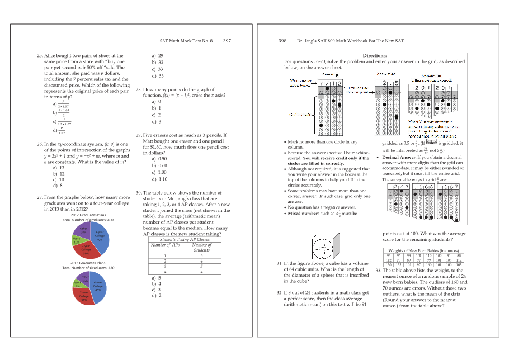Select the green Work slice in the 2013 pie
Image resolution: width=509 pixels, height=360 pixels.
click(x=78, y=283)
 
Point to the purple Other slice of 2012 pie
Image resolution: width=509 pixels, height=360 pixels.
click(x=83, y=230)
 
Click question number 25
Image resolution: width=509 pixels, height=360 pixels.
click(x=39, y=56)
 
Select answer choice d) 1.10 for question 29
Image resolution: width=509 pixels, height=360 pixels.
click(x=159, y=179)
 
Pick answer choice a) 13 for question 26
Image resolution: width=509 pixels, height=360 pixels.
click(x=58, y=168)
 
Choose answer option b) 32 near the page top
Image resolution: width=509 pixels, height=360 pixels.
click(x=157, y=63)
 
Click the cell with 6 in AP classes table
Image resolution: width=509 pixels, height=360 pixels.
click(x=201, y=255)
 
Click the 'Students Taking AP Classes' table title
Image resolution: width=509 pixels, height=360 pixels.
click(x=185, y=239)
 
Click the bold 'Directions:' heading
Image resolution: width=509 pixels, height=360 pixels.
click(x=374, y=56)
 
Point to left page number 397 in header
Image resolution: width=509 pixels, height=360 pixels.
click(x=227, y=41)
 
